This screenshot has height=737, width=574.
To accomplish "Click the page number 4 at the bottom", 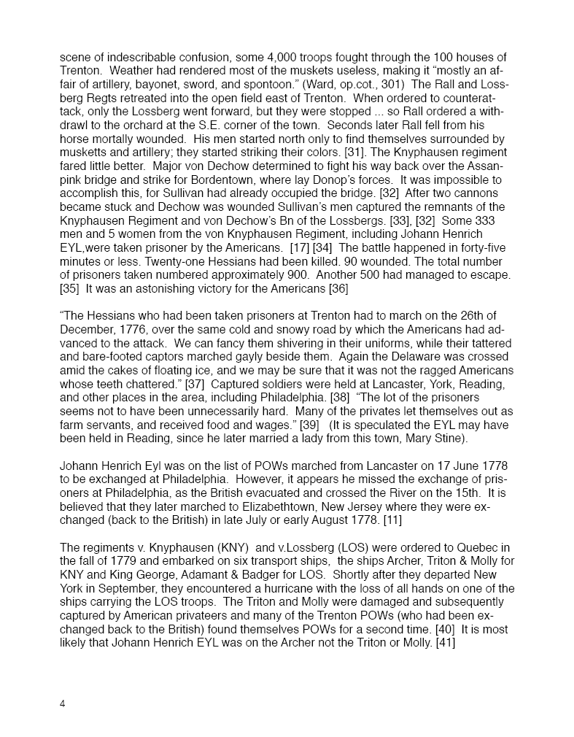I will click(63, 704).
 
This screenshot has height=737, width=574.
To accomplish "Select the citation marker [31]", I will click(354, 153).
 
